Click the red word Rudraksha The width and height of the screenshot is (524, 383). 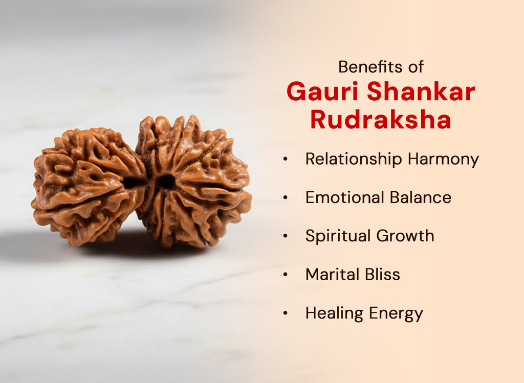[x=381, y=120]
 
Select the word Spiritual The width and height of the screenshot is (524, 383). [x=338, y=236]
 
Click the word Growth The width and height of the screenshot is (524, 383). [x=405, y=236]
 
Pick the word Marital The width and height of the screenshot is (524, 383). [x=331, y=274]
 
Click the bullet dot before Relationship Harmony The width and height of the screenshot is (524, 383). [x=286, y=160]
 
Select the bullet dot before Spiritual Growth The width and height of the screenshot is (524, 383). [x=286, y=236]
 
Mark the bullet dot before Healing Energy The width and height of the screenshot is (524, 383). [x=286, y=313]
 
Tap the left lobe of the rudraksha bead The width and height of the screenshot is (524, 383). [x=84, y=187]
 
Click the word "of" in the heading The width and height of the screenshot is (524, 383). [x=415, y=66]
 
